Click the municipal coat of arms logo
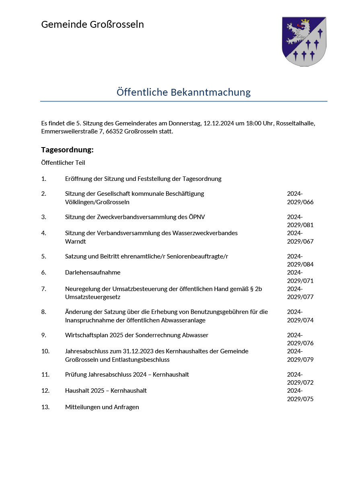click(x=304, y=41)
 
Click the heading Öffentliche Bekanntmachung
click(x=183, y=92)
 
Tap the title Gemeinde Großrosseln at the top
click(x=93, y=25)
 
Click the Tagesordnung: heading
click(x=67, y=150)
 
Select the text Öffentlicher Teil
click(x=63, y=163)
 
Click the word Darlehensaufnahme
click(x=93, y=272)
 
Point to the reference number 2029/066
click(x=300, y=202)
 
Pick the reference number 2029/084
click(x=300, y=264)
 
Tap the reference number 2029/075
click(x=300, y=399)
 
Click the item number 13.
click(x=45, y=407)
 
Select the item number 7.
click(x=43, y=289)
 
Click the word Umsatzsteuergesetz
click(x=93, y=297)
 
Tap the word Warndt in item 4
click(x=75, y=242)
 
